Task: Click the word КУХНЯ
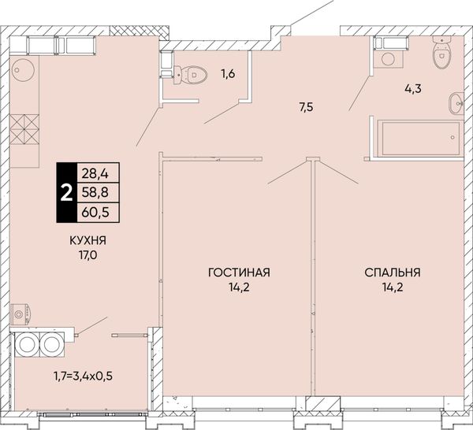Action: pos(88,240)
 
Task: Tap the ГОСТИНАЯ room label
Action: pos(239,272)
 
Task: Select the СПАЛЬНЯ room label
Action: pos(393,272)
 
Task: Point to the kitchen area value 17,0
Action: pos(88,255)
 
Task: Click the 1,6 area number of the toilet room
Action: pos(228,73)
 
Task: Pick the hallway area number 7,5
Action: pos(306,107)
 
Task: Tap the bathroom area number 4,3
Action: pos(412,88)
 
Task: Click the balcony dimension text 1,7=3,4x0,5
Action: pos(84,376)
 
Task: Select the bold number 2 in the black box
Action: pos(67,193)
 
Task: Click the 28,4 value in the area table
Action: pos(95,173)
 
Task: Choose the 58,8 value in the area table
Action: pos(95,192)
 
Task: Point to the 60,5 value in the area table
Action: pos(95,213)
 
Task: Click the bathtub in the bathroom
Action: pos(419,139)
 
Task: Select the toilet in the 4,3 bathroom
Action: pos(442,52)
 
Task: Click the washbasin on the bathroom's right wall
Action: pos(456,103)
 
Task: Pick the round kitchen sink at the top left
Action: pos(23,69)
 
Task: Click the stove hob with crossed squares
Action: pos(24,129)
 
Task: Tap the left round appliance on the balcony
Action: pos(26,344)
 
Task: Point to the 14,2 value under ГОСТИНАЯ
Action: pos(239,287)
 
